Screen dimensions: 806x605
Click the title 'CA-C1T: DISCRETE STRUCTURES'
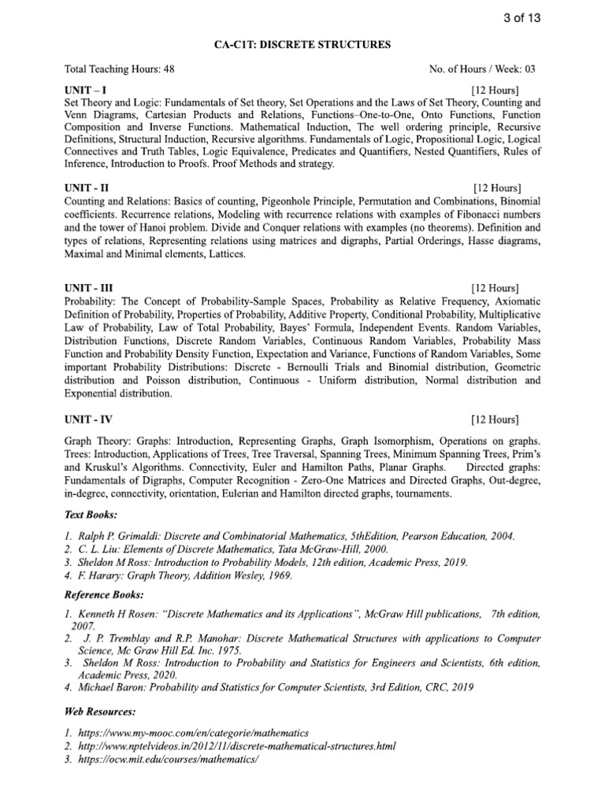pyautogui.click(x=302, y=46)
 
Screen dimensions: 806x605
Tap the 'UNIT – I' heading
pyautogui.click(x=85, y=90)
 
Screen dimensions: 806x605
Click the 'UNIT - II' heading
pyautogui.click(x=86, y=188)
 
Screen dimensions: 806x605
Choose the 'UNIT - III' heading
pyautogui.click(x=88, y=288)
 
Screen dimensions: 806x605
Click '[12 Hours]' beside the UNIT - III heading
pyautogui.click(x=494, y=288)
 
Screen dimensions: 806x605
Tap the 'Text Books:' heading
pyautogui.click(x=90, y=515)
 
